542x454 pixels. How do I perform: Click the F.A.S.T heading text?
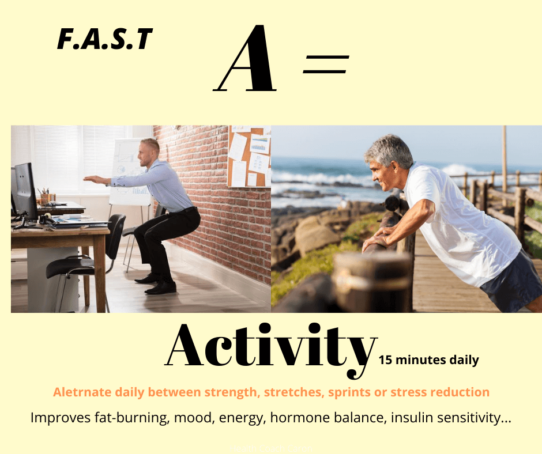[105, 39]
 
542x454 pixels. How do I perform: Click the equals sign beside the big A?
[326, 65]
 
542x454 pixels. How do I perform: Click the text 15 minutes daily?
[428, 360]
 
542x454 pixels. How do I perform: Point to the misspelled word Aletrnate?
[82, 392]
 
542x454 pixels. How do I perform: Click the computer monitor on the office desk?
[25, 192]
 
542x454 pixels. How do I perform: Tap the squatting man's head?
[149, 152]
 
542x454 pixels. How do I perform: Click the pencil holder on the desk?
[47, 198]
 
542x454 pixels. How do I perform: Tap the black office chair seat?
[69, 267]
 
